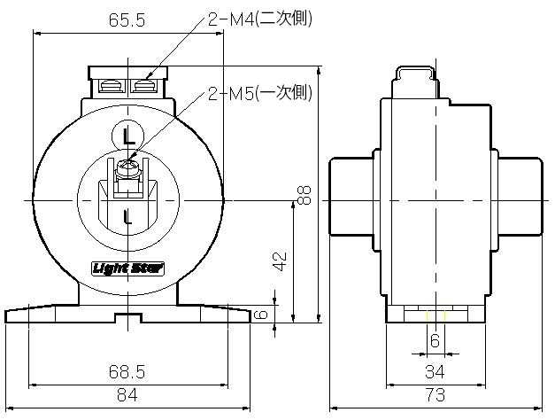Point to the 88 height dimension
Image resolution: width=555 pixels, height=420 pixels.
click(x=305, y=194)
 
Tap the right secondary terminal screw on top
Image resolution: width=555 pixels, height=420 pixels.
click(x=145, y=86)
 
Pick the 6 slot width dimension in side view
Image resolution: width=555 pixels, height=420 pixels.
click(x=435, y=340)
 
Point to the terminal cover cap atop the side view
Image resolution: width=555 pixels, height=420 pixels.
click(x=415, y=79)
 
